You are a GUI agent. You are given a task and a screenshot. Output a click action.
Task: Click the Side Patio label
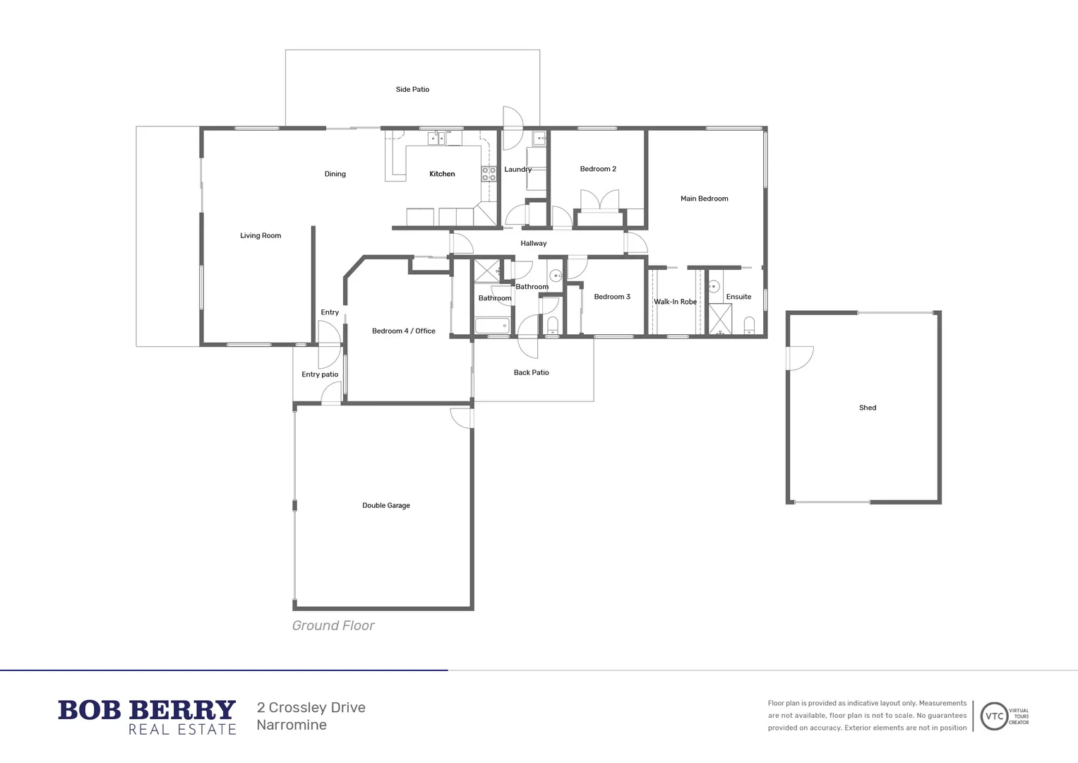tap(412, 90)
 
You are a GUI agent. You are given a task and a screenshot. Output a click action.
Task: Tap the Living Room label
tap(260, 236)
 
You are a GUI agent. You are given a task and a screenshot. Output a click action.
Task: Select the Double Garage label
tap(385, 506)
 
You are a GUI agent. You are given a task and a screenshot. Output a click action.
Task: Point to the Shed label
tap(868, 408)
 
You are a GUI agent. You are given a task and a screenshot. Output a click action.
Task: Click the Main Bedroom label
tap(704, 199)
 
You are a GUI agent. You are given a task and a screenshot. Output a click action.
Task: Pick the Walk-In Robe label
tap(675, 302)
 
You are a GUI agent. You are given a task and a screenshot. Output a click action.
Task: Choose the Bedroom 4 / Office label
tap(403, 331)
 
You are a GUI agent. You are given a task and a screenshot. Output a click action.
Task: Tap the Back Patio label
tap(531, 372)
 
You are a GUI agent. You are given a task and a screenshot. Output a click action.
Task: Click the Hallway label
tap(534, 244)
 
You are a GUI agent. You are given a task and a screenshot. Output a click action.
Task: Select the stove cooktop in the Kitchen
tap(489, 174)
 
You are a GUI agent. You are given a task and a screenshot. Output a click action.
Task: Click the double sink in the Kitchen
tap(436, 138)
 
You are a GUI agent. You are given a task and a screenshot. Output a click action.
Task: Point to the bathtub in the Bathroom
tap(492, 326)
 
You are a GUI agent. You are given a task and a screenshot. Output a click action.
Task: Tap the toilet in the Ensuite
tap(749, 326)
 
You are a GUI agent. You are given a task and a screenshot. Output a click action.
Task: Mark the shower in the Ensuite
tap(720, 319)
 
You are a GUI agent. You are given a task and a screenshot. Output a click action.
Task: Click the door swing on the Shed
tap(801, 357)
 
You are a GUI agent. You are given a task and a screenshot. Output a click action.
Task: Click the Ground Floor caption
tap(333, 626)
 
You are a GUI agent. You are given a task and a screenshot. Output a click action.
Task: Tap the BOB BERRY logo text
tap(147, 709)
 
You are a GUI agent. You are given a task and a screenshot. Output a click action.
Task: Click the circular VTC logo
tap(994, 716)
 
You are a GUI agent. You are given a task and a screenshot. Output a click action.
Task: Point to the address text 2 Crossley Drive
tap(311, 708)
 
